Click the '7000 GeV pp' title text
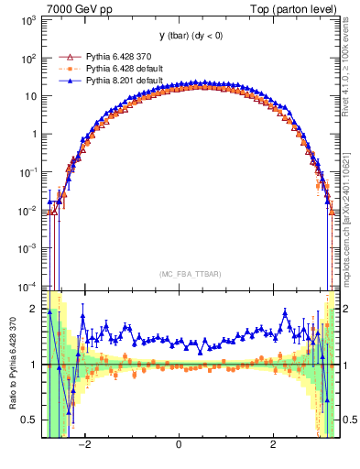[71, 8]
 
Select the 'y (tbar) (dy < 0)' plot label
[179, 36]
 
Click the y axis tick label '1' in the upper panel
[32, 134]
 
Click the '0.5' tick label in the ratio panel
[27, 420]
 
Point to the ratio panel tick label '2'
[32, 309]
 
